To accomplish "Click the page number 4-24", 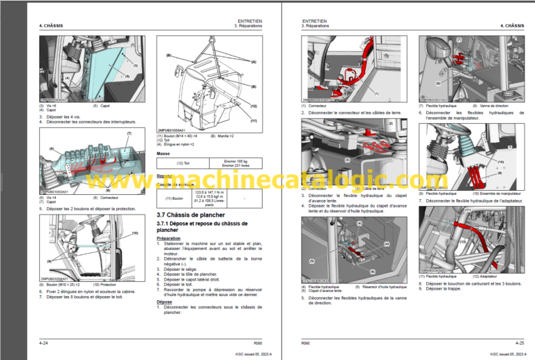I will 43,343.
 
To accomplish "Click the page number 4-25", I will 515,343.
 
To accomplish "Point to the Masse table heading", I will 163,152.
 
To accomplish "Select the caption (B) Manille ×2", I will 223,136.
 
